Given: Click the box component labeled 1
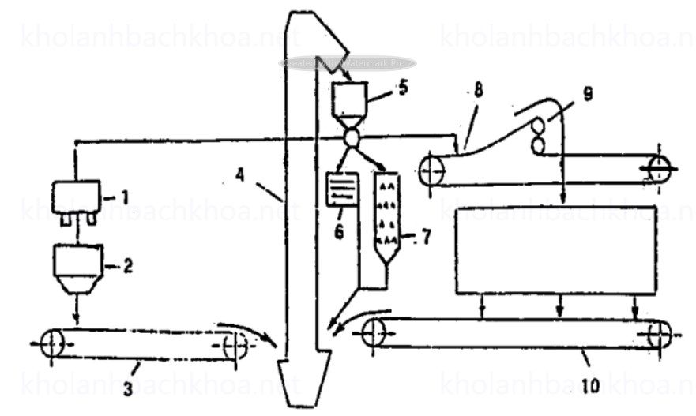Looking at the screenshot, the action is [x=76, y=195].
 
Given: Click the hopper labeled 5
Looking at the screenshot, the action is [x=348, y=103].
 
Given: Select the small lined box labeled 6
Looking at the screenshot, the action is [x=342, y=189].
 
